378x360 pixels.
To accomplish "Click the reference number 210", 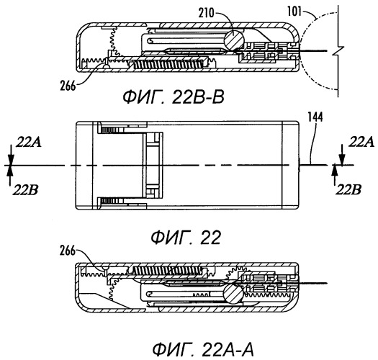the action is pyautogui.click(x=207, y=13).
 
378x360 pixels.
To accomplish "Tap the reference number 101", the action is pyautogui.click(x=294, y=11).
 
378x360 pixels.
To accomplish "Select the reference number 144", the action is pyautogui.click(x=315, y=117).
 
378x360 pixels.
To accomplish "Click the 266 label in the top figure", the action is pyautogui.click(x=68, y=86).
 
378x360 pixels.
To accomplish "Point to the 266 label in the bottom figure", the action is pyautogui.click(x=68, y=251).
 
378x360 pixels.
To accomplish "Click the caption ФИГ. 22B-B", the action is pyautogui.click(x=174, y=97).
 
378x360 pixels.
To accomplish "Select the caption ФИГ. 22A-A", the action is pyautogui.click(x=203, y=350).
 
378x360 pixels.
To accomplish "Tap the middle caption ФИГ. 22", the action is pyautogui.click(x=186, y=238).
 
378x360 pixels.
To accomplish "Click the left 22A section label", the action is pyautogui.click(x=29, y=142).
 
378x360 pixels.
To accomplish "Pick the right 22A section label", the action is pyautogui.click(x=361, y=142).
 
